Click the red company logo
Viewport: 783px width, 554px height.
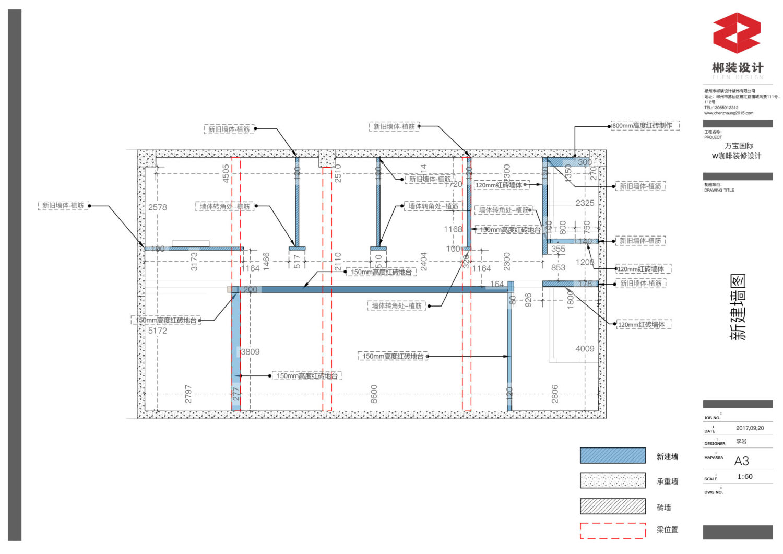point(737,33)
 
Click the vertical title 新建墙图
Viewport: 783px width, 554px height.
point(738,307)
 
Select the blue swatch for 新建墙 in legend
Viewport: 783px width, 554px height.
point(613,455)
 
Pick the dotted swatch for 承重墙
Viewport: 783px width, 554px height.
point(613,480)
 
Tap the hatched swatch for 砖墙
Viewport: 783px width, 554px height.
point(613,506)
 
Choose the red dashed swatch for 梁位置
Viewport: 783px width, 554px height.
point(613,531)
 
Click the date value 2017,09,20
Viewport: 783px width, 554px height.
point(750,428)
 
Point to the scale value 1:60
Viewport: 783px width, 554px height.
point(745,477)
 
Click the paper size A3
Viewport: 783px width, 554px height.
point(741,461)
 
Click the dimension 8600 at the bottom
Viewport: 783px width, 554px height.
point(374,394)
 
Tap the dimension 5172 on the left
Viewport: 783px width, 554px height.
point(158,331)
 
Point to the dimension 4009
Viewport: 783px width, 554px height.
point(585,349)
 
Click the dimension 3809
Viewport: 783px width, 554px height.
point(250,352)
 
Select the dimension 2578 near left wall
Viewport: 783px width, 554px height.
point(158,207)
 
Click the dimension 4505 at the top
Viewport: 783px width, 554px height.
point(226,173)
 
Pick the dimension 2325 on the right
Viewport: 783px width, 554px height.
point(585,203)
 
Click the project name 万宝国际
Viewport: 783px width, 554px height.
point(739,146)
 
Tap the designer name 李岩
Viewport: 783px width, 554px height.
point(741,442)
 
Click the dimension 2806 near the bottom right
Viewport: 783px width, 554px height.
point(555,394)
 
